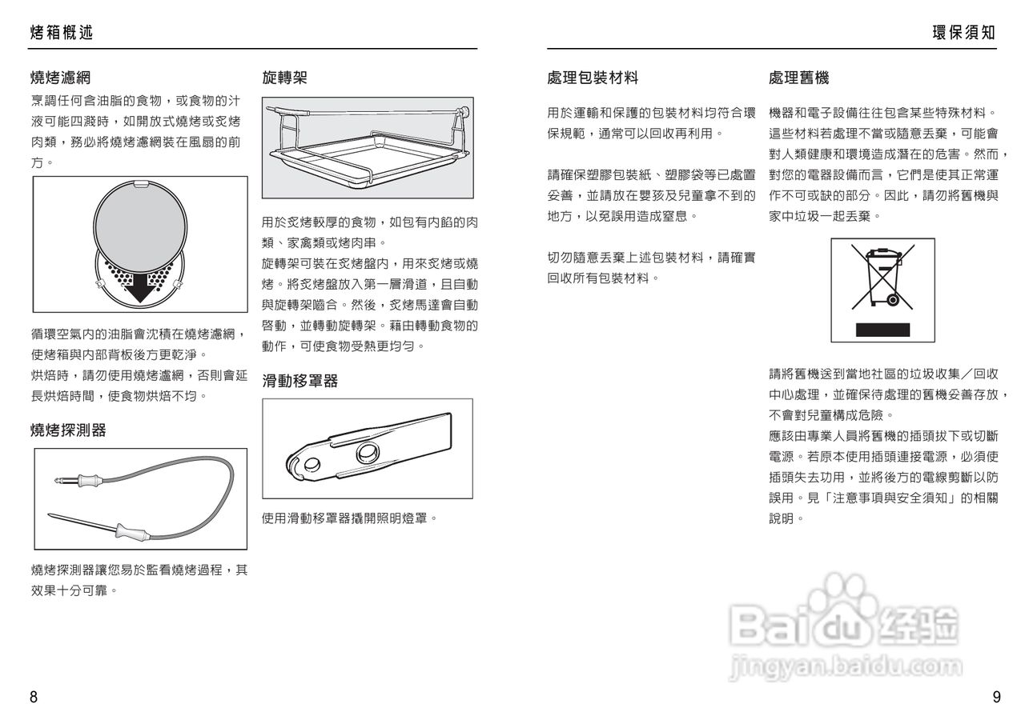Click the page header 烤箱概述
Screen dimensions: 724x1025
click(x=62, y=33)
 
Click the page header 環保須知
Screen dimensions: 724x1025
click(x=964, y=33)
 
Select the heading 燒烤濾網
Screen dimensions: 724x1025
click(x=61, y=78)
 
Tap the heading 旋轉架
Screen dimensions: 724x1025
click(x=285, y=78)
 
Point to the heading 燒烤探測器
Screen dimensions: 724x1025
click(x=68, y=430)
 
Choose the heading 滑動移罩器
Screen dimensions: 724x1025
click(x=300, y=381)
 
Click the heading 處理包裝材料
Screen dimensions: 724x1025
click(x=593, y=78)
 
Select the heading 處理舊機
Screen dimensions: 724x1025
click(x=798, y=78)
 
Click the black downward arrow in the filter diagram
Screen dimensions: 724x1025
click(x=141, y=286)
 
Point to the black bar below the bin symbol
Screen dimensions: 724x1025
click(x=882, y=329)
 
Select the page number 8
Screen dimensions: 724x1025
click(x=34, y=697)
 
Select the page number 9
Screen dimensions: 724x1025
click(x=996, y=697)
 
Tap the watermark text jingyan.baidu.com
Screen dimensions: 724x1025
click(x=846, y=666)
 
